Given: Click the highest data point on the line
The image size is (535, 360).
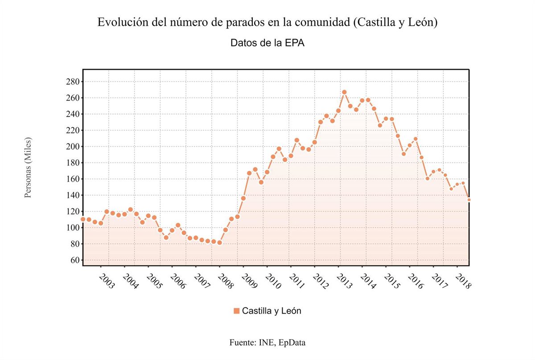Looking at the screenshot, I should coord(344,92).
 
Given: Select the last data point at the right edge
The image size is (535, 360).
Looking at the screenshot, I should coord(469,200).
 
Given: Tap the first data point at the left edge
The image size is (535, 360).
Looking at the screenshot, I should coord(83,219).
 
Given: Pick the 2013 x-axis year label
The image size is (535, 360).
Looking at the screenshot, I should coord(344,282).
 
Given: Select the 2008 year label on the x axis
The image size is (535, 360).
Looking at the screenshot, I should coord(225,282).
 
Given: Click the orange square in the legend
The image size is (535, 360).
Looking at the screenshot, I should coord(236,311).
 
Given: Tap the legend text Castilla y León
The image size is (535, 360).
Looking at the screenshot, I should coord(272,311).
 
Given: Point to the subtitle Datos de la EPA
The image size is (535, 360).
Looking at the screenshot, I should coord(267,43).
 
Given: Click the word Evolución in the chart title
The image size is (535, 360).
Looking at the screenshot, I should coord(120,22).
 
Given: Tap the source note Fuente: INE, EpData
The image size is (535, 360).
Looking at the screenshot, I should coord(267,343).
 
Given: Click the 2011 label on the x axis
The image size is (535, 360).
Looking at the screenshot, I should coord(296,282).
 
